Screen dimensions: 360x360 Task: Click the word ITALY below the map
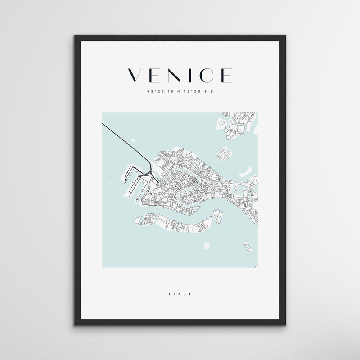pyautogui.click(x=180, y=294)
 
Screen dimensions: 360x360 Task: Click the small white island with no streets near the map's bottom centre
pyautogui.click(x=208, y=246)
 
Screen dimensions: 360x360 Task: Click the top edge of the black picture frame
pyautogui.click(x=180, y=36)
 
